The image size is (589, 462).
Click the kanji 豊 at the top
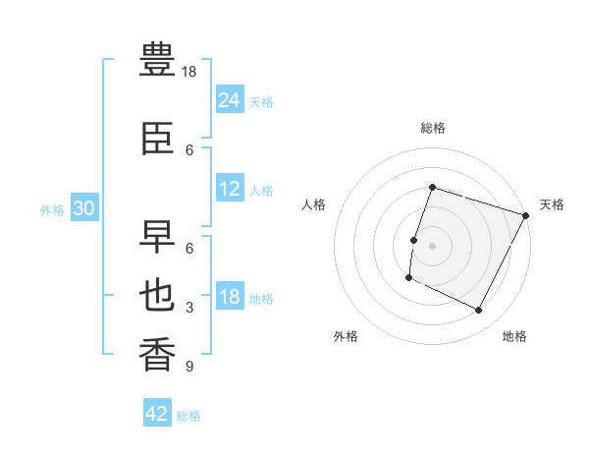[x=157, y=59]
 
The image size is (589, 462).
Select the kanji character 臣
[x=157, y=138]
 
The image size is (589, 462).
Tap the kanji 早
[x=157, y=237]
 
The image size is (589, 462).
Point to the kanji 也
[x=157, y=295]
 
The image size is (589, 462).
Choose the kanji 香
[x=157, y=354]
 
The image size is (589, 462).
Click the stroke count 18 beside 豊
[x=188, y=72]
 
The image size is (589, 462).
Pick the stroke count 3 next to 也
[x=189, y=308]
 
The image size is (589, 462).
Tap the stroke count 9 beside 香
[x=189, y=366]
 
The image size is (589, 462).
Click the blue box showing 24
[x=230, y=99]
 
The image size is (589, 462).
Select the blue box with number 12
[x=230, y=188]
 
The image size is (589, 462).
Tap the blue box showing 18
[x=230, y=295]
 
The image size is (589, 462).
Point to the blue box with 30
[x=84, y=207]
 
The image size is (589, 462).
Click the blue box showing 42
[x=157, y=412]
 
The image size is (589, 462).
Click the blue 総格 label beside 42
[x=188, y=416]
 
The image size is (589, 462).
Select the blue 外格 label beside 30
[x=52, y=210]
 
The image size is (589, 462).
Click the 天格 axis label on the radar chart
[x=552, y=204]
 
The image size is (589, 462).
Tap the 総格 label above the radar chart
[x=433, y=128]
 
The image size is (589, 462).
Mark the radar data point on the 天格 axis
[x=525, y=215]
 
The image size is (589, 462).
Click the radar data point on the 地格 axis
[x=478, y=310]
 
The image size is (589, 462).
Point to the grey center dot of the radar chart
[x=432, y=246]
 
